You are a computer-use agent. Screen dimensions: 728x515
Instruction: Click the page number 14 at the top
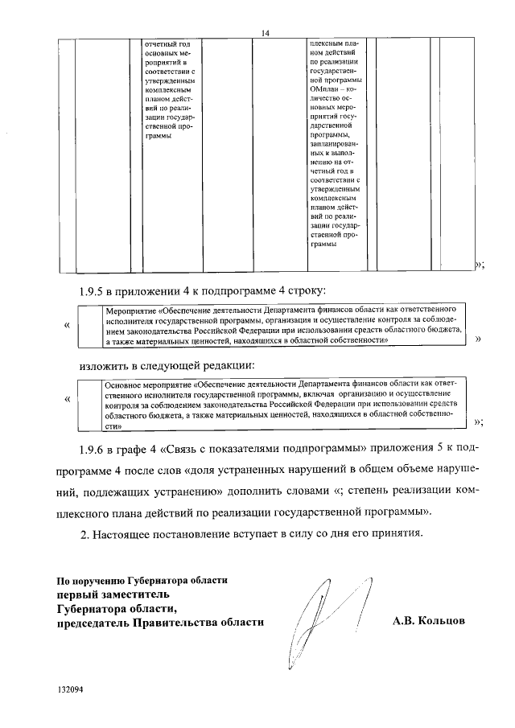coord(264,31)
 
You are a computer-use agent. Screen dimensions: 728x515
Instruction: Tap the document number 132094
coord(70,689)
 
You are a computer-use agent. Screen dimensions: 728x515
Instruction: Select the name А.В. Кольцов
coord(428,621)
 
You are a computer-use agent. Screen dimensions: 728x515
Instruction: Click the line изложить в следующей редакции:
coord(165,366)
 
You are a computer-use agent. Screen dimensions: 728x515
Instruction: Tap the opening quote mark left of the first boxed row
coord(66,325)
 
